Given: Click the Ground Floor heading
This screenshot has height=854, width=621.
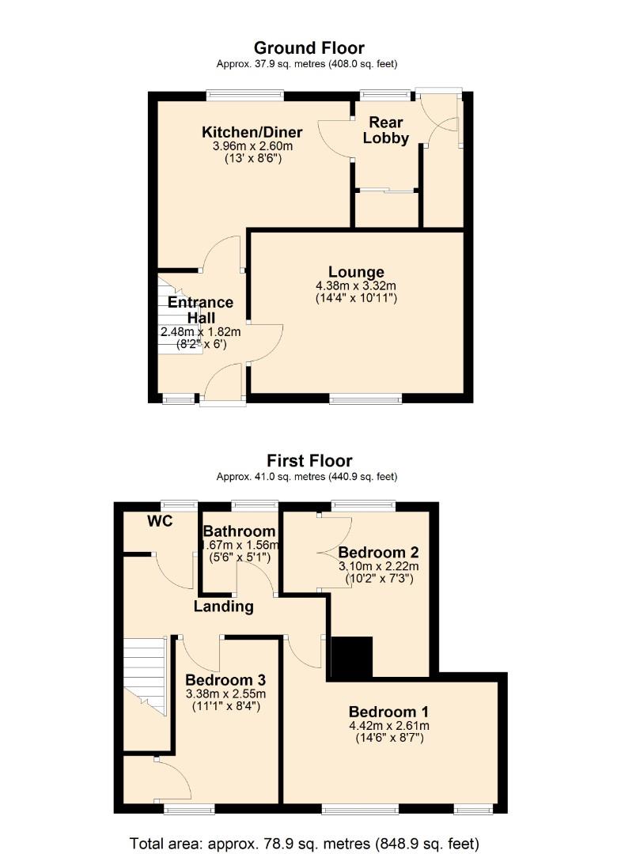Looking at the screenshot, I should coord(309,48).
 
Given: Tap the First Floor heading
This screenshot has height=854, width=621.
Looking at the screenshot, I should coord(309,460).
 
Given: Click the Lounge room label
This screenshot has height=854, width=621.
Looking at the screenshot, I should coord(356,272).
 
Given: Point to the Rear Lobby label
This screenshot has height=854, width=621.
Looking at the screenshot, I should coord(387,130).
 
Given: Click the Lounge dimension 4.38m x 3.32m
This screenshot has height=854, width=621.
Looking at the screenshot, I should coord(356,285).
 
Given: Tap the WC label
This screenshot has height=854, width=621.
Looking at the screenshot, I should coord(159,521).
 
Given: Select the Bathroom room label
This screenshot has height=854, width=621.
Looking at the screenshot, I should coord(240,531).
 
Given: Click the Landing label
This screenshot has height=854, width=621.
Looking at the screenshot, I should coord(224,606).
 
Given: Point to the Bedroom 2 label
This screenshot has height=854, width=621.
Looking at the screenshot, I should coord(379,552).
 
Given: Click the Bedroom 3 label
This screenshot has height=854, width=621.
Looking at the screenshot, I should coord(225,680).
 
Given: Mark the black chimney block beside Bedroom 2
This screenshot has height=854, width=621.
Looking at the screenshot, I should coord(351,657).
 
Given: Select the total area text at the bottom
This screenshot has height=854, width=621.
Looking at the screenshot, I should coord(305,842).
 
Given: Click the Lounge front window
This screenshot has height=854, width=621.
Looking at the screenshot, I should coord(365,399).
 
